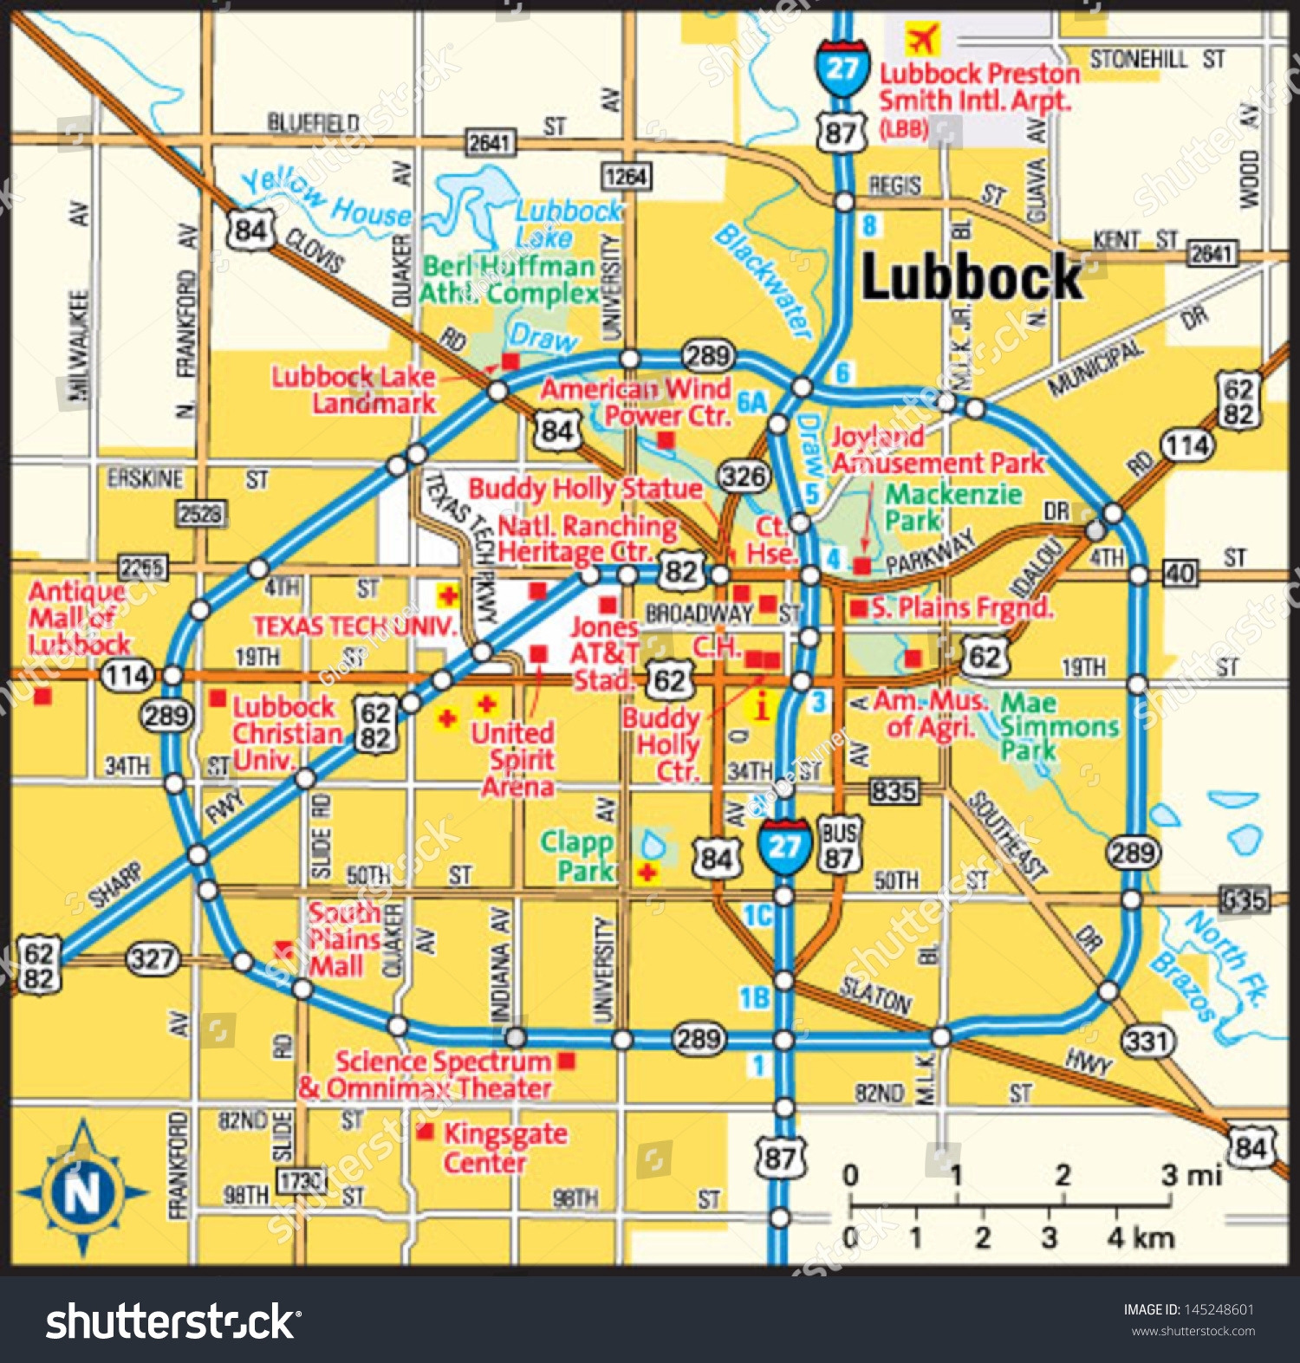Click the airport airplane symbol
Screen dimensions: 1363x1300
click(922, 38)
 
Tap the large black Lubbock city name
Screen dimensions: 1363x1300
click(972, 278)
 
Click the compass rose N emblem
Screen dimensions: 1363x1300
click(83, 1191)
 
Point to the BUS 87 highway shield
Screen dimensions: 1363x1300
click(838, 845)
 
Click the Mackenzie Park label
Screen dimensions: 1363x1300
click(952, 507)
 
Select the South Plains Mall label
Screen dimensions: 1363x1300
click(344, 939)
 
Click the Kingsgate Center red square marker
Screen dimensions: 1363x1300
click(426, 1132)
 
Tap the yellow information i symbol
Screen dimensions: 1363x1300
click(761, 707)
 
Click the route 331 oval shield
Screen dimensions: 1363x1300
click(1147, 1040)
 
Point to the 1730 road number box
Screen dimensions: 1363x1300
click(300, 1179)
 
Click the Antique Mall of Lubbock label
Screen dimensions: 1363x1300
click(78, 618)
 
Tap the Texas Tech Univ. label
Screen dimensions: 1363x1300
click(354, 626)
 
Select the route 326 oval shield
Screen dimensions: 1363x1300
click(744, 476)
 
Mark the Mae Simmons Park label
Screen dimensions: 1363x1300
click(1058, 726)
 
